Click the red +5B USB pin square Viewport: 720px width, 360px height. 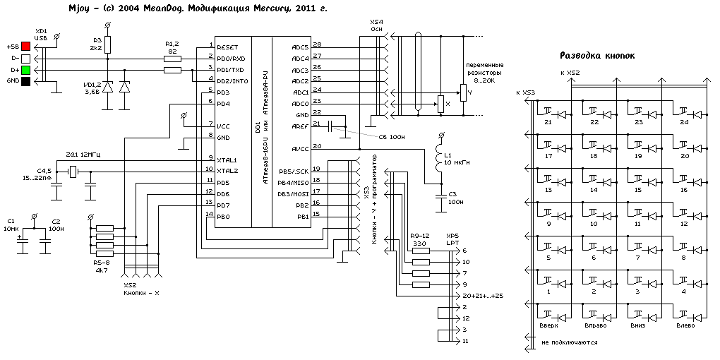click(26, 46)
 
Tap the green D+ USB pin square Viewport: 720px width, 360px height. click(26, 70)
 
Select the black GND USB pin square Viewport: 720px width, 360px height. click(26, 82)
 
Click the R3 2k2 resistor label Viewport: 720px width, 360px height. click(97, 44)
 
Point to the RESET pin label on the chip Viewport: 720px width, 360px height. click(229, 46)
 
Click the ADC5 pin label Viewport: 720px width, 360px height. click(300, 47)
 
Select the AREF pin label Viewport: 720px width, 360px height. click(301, 126)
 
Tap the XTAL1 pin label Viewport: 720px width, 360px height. click(227, 160)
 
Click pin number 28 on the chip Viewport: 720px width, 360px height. click(317, 44)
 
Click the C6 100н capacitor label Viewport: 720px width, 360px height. click(391, 137)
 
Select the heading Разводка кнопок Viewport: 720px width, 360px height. click(597, 55)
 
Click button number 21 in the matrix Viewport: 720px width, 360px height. click(547, 122)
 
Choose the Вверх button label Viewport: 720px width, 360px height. click(548, 325)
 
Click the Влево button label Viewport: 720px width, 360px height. click(684, 325)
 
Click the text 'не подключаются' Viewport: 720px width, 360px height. click(570, 342)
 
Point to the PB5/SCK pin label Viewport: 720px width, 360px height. click(293, 171)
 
